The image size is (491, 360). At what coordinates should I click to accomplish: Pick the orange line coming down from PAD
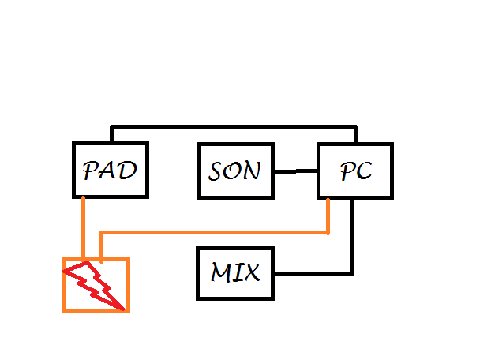tap(83, 229)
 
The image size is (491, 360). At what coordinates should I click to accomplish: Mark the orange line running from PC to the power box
tap(213, 233)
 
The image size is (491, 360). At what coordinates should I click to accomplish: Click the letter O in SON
tap(234, 171)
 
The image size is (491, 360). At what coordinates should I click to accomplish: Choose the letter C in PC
tap(364, 171)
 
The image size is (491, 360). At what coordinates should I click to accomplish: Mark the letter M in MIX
tap(222, 273)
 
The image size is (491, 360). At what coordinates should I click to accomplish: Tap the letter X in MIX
tap(249, 273)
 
